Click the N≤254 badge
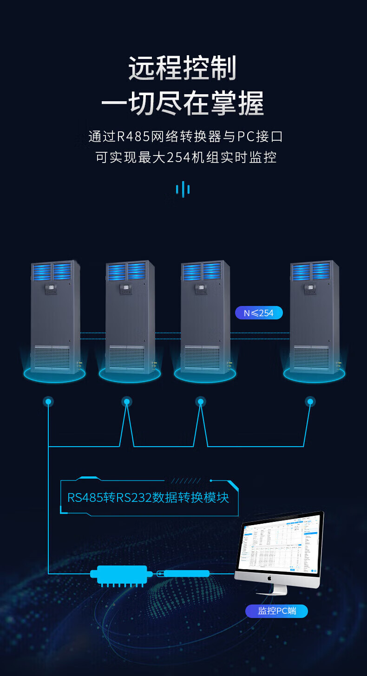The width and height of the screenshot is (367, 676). click(259, 313)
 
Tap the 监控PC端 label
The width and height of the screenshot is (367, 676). click(276, 611)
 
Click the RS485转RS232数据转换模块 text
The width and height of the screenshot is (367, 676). click(148, 498)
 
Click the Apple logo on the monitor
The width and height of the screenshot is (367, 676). click(269, 578)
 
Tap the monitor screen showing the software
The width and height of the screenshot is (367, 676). click(279, 543)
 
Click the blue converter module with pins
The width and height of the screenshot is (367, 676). click(121, 574)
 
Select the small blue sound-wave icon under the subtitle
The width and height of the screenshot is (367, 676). click(183, 189)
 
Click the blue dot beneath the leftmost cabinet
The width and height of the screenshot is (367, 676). click(48, 402)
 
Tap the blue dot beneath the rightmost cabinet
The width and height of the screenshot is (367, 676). click(310, 402)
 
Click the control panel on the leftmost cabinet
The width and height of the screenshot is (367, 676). click(51, 289)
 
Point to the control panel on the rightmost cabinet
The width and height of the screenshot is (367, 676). click(310, 289)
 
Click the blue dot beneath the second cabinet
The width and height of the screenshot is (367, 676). click(126, 402)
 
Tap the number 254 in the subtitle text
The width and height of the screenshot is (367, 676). click(178, 157)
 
